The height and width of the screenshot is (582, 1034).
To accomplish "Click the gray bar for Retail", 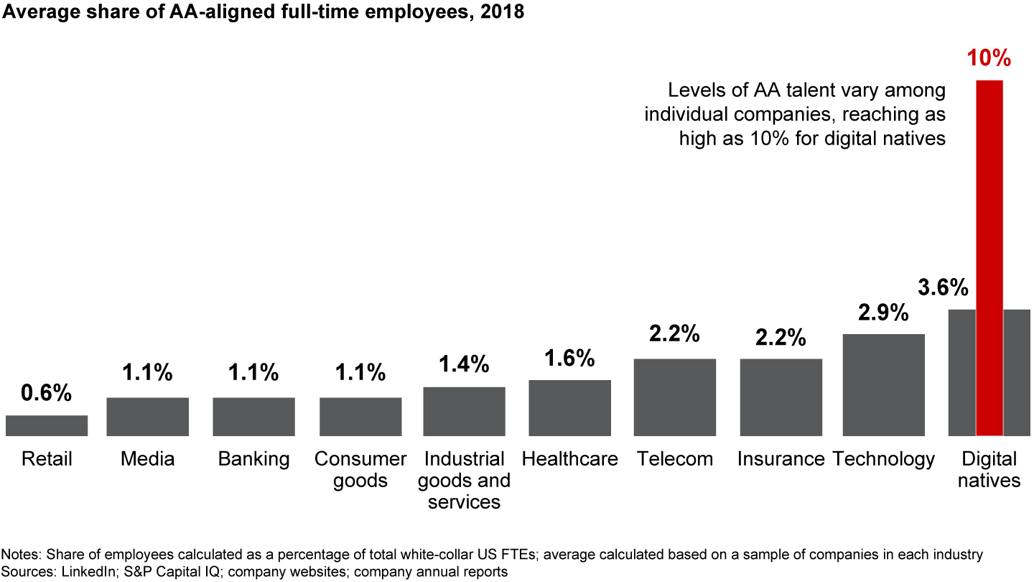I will pos(47,425).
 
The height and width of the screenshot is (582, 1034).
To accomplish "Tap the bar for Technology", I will pos(883,384).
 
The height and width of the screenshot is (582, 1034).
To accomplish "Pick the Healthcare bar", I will pos(569,407).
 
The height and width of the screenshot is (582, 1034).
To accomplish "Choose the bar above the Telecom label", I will pos(674,397).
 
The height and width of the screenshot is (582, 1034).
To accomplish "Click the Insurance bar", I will pos(781,397).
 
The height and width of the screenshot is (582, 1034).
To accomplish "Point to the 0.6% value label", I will pos(46,393).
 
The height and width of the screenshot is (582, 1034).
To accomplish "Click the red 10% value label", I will pos(989,57).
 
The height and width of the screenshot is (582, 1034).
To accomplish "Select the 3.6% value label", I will pos(944,287).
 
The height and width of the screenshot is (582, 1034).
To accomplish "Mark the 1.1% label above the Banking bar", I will pos(253,372).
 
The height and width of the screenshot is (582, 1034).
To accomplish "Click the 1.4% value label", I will pos(464,364).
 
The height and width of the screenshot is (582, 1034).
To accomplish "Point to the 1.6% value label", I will pos(569,358).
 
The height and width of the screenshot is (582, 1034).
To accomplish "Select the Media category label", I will pos(147,459).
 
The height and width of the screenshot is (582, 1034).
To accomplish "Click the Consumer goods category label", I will pos(360,469).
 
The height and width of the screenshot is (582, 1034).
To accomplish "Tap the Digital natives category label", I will pos(989,469).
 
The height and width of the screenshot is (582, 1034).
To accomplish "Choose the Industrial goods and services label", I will pos(464,480).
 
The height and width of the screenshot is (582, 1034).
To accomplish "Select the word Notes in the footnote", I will pos(20,555).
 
